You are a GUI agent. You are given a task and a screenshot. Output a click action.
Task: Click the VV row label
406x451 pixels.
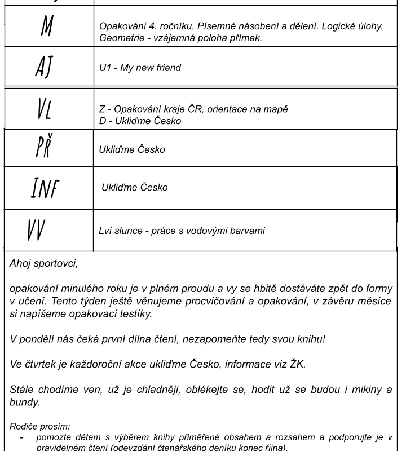click(36, 230)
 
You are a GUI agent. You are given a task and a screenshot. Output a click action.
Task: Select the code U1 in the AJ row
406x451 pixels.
click(105, 68)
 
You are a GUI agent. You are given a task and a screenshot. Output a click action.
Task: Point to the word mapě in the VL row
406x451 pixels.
click(275, 109)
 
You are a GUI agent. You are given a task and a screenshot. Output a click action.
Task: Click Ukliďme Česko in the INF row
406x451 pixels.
click(134, 187)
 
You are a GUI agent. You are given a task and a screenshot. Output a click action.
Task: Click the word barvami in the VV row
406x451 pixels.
click(246, 231)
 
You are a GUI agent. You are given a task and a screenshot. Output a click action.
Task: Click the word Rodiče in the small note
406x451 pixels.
click(24, 427)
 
